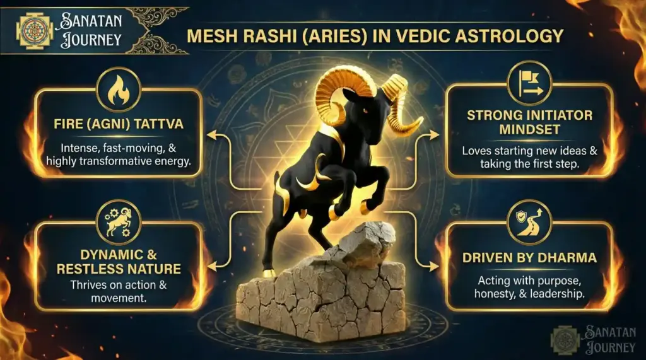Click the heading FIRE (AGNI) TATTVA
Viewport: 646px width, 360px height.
tap(118, 124)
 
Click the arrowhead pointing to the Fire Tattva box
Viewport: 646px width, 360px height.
tap(212, 134)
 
